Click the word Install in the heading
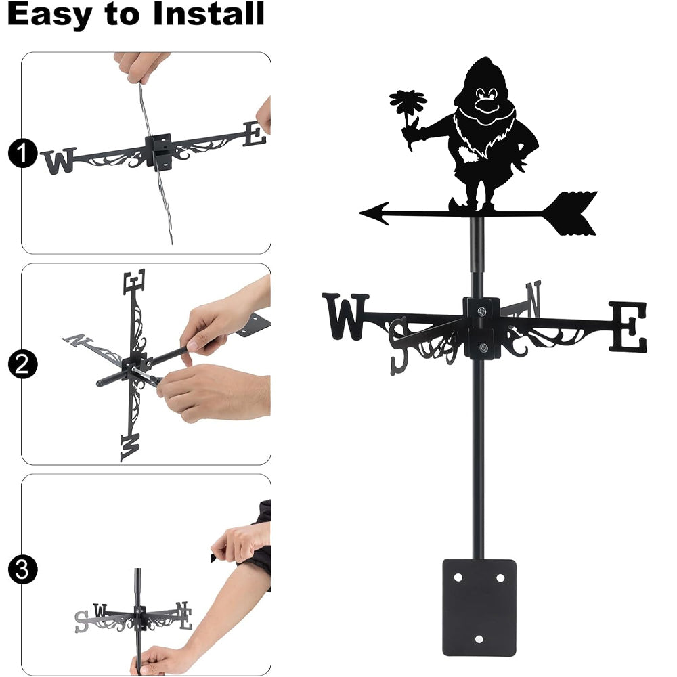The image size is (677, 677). point(209,14)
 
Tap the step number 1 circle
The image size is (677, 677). point(22,153)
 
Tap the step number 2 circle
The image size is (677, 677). point(22,364)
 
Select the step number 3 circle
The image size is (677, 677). point(22,569)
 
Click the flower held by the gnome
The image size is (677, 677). point(408,104)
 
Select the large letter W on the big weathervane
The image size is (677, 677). point(345,316)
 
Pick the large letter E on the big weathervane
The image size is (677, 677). point(628,327)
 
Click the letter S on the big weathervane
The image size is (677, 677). point(398,346)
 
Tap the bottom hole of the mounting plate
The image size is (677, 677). point(479,639)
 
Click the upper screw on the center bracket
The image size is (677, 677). point(481,311)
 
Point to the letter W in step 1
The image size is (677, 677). point(60,161)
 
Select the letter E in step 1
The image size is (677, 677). point(255,133)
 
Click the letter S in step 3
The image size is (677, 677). point(81,621)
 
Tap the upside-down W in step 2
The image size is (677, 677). point(131,447)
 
